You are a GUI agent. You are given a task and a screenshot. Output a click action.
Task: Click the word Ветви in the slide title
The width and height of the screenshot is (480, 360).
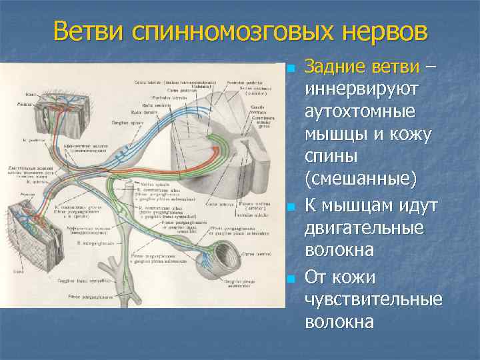coord(90,31)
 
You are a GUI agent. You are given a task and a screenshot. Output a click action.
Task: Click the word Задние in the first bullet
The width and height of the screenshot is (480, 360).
coord(335,67)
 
